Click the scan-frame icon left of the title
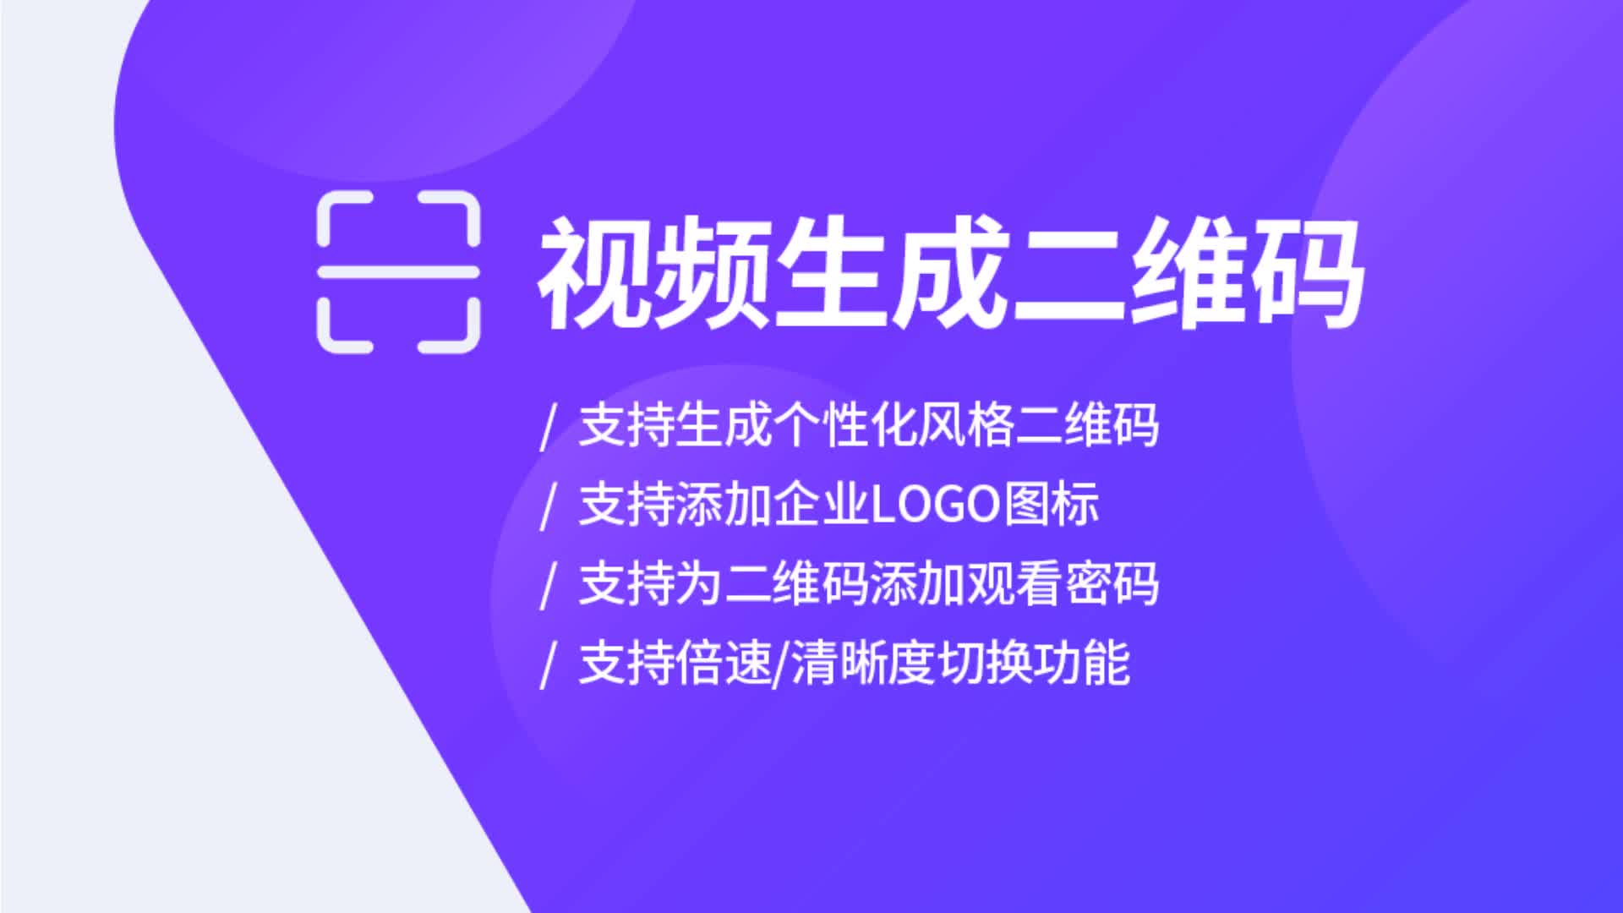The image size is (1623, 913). tap(398, 272)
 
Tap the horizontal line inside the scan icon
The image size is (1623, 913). tap(398, 272)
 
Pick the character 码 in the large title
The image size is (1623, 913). tap(1305, 271)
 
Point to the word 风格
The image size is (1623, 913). tap(967, 425)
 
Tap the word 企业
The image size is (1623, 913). tap(822, 505)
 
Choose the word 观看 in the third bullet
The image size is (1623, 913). tap(1014, 583)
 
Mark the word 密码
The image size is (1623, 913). tap(1112, 583)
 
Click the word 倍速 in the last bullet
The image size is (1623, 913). tap(724, 663)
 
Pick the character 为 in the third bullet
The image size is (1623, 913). tap(700, 583)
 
